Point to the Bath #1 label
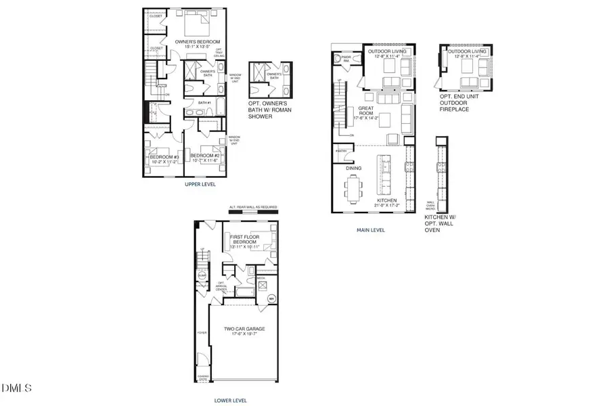(205, 102)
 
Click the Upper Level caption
(200, 183)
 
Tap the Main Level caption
(371, 230)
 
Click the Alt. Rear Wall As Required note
(253, 207)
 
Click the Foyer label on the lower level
(201, 333)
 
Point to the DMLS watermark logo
(17, 388)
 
